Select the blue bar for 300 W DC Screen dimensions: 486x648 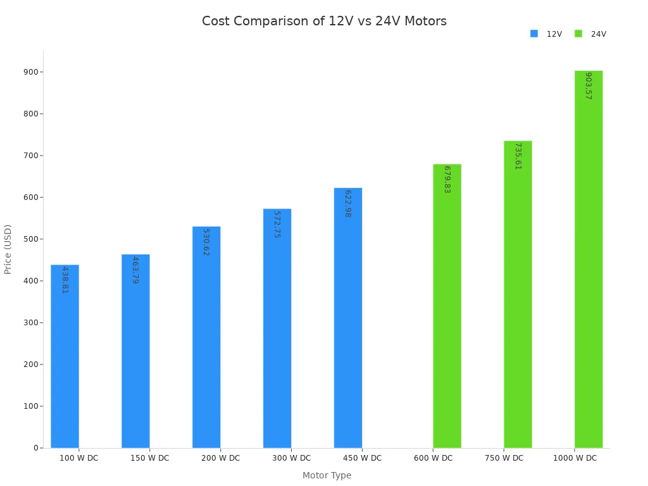pyautogui.click(x=277, y=328)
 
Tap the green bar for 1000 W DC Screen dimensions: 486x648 pyautogui.click(x=589, y=259)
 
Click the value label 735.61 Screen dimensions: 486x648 pyautogui.click(x=518, y=156)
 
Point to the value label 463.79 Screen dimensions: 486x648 pyautogui.click(x=135, y=270)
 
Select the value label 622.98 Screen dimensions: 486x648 pyautogui.click(x=348, y=203)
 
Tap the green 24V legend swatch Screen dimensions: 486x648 pyautogui.click(x=578, y=34)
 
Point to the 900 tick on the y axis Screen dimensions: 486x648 pyautogui.click(x=31, y=72)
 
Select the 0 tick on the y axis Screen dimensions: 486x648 pyautogui.click(x=36, y=448)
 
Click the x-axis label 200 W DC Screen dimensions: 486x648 pyautogui.click(x=220, y=458)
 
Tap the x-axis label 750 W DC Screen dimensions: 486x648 pyautogui.click(x=504, y=458)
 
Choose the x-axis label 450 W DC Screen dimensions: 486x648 pyautogui.click(x=362, y=458)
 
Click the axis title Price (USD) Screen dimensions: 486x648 pyautogui.click(x=8, y=249)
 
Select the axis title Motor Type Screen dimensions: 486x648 pyautogui.click(x=327, y=475)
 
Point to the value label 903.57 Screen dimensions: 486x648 pyautogui.click(x=589, y=85)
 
